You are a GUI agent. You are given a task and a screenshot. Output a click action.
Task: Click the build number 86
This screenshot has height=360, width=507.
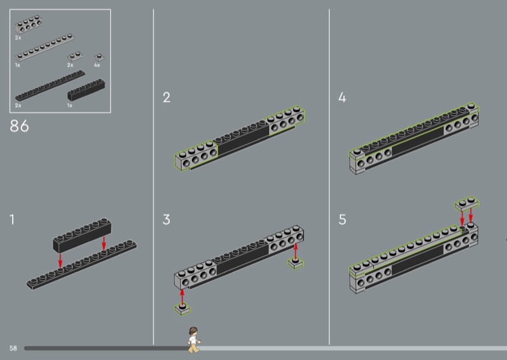tap(20, 126)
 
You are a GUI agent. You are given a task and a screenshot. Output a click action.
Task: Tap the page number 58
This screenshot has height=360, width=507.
tap(13, 349)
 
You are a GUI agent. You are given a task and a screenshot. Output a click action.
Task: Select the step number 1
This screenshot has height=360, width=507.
tap(12, 220)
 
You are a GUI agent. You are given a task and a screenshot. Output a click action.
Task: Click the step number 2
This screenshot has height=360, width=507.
tap(167, 98)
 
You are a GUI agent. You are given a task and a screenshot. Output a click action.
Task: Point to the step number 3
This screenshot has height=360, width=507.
tap(166, 220)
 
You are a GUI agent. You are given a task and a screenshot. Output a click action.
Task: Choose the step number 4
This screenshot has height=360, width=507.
tap(342, 98)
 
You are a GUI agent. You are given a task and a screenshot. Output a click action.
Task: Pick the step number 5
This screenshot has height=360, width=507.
tap(342, 220)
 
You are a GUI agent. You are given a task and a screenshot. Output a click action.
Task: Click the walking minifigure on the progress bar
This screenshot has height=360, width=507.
tap(194, 340)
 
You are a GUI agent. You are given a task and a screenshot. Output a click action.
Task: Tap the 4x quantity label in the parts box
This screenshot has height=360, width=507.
tap(97, 65)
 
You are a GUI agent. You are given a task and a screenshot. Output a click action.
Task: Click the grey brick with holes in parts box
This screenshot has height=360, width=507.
tap(29, 24)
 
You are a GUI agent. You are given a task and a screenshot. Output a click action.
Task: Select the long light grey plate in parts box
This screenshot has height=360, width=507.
tap(44, 48)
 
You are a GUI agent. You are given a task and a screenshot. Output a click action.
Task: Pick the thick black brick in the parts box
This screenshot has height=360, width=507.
tap(86, 89)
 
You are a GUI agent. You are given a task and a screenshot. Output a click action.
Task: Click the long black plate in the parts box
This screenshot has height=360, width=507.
tap(50, 86)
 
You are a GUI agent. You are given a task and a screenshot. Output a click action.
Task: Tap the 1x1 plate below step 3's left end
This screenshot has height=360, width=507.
tap(183, 309)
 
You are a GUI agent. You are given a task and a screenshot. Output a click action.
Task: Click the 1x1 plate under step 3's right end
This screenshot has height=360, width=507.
tap(295, 262)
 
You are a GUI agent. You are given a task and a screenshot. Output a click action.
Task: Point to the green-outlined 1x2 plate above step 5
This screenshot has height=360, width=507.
tap(466, 204)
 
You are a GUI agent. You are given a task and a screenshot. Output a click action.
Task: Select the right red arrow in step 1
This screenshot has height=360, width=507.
tap(104, 243)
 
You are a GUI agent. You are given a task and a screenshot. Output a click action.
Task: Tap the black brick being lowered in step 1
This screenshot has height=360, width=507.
tap(82, 235)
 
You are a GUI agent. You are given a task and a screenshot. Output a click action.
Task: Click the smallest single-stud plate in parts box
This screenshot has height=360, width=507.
tap(99, 58)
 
